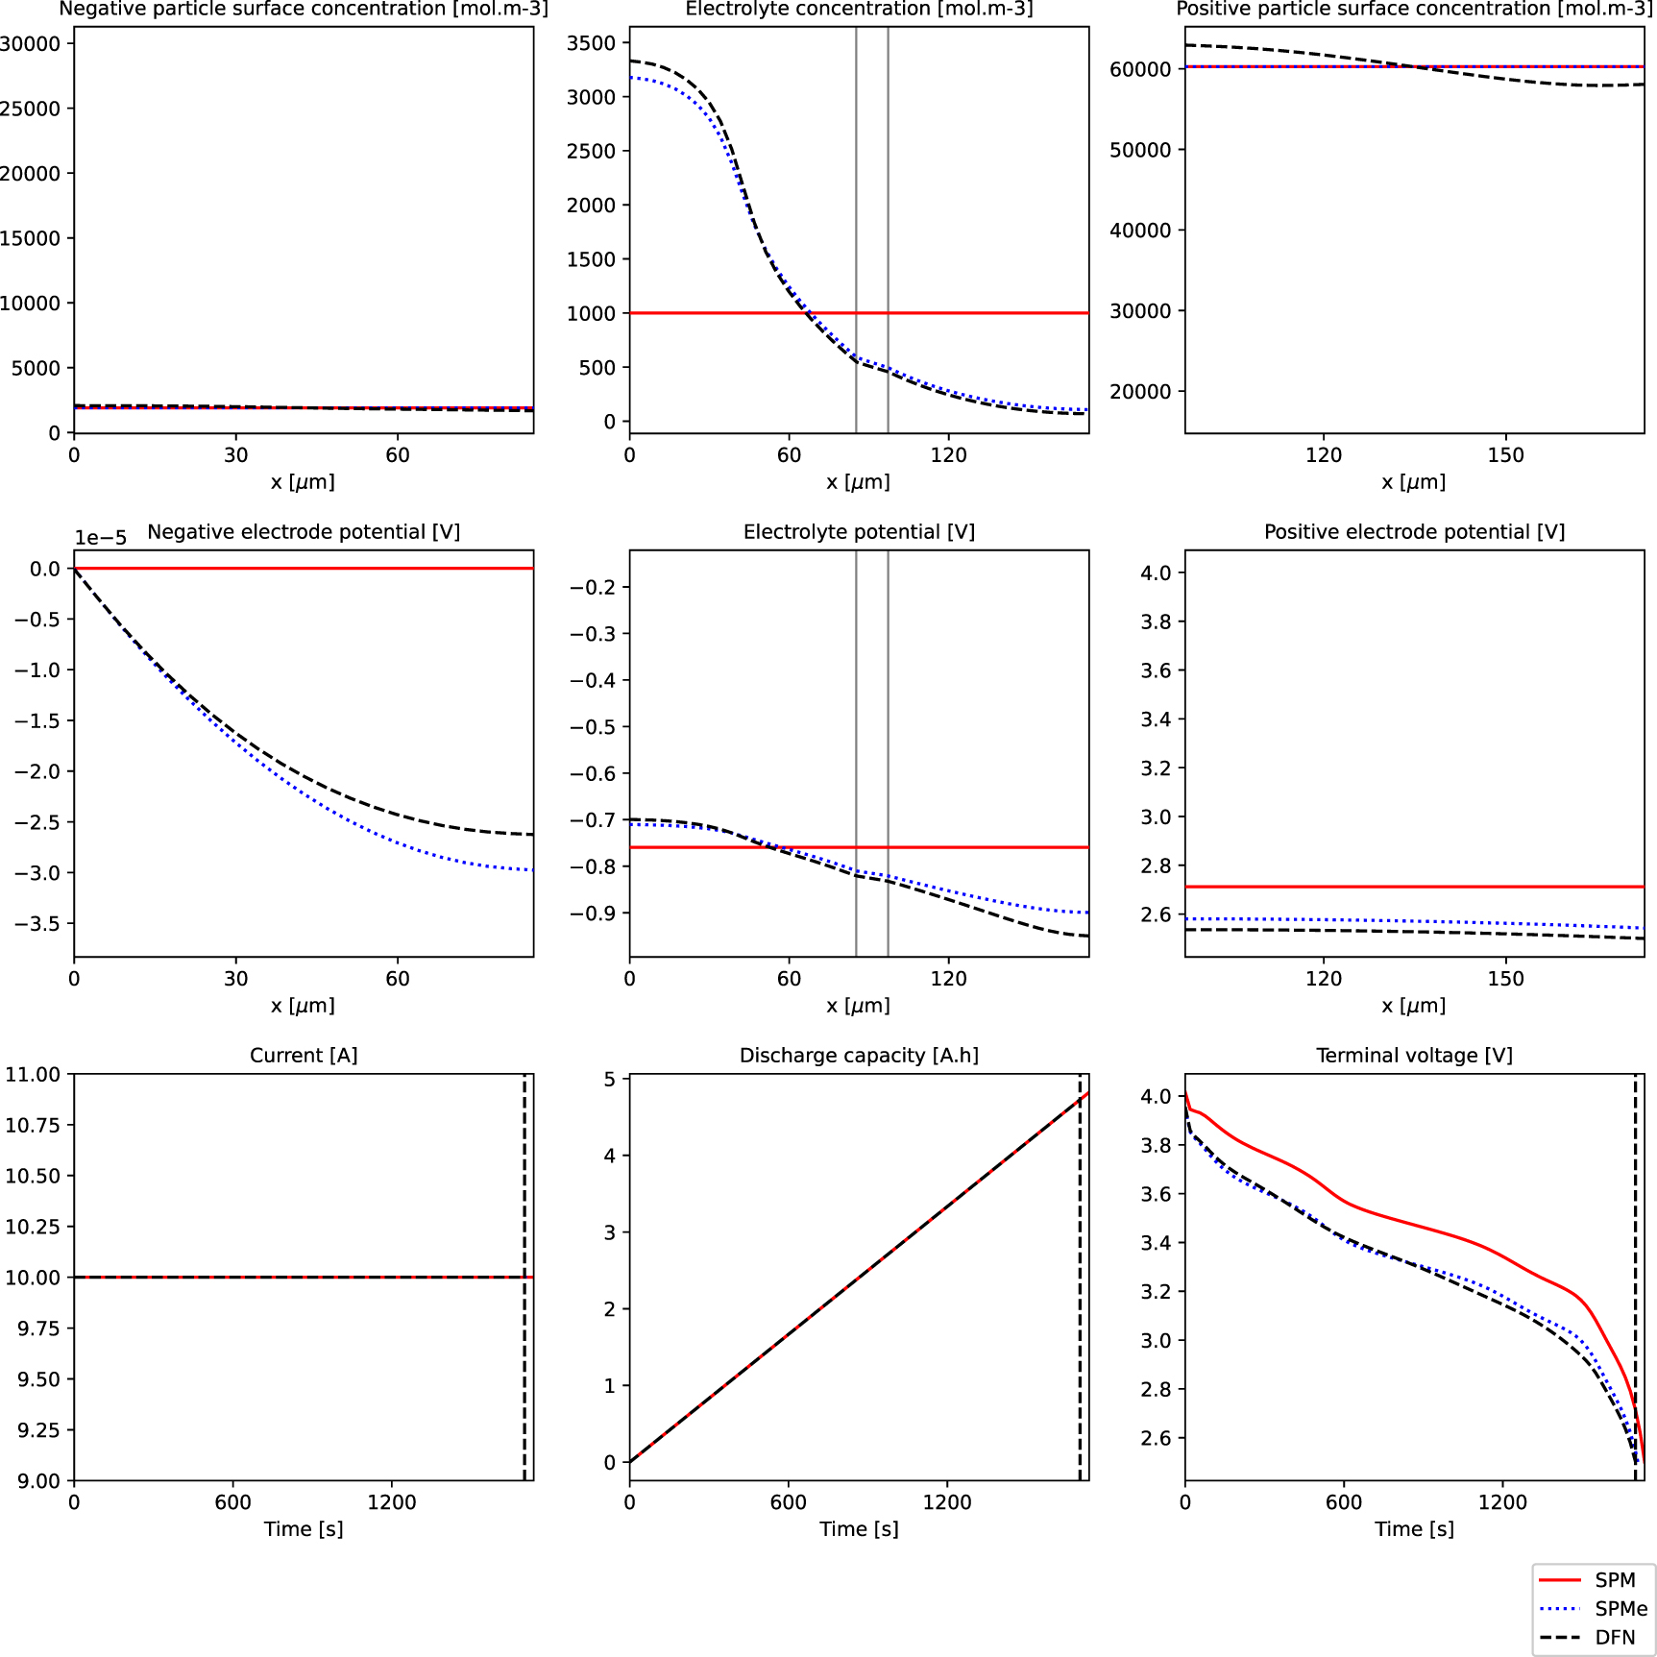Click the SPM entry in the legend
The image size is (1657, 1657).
click(x=1614, y=1580)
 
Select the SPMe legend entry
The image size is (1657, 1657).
click(x=1620, y=1609)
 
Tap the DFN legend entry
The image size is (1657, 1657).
click(x=1615, y=1638)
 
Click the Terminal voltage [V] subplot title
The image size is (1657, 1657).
click(x=1414, y=1056)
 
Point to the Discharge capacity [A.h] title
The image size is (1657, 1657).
click(x=859, y=1056)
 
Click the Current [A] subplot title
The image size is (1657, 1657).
click(x=304, y=1056)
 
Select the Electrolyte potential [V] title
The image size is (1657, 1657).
click(x=859, y=532)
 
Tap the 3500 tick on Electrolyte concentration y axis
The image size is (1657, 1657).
click(x=591, y=43)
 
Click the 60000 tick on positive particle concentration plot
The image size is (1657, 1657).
click(x=1140, y=69)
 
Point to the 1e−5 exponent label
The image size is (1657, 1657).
click(x=101, y=538)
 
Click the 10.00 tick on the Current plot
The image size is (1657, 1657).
click(x=33, y=1278)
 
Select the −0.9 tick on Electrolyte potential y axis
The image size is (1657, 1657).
click(x=593, y=914)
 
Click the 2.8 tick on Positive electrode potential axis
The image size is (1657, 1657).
click(x=1156, y=866)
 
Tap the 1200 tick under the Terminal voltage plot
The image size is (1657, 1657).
click(x=1502, y=1502)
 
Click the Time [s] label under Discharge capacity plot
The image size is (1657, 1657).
click(x=859, y=1529)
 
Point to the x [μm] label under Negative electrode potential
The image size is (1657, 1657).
click(x=304, y=1006)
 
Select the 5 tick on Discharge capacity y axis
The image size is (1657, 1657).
click(x=609, y=1080)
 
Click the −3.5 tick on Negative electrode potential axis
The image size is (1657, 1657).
click(x=37, y=924)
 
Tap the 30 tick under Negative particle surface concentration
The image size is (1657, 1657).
click(x=235, y=455)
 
